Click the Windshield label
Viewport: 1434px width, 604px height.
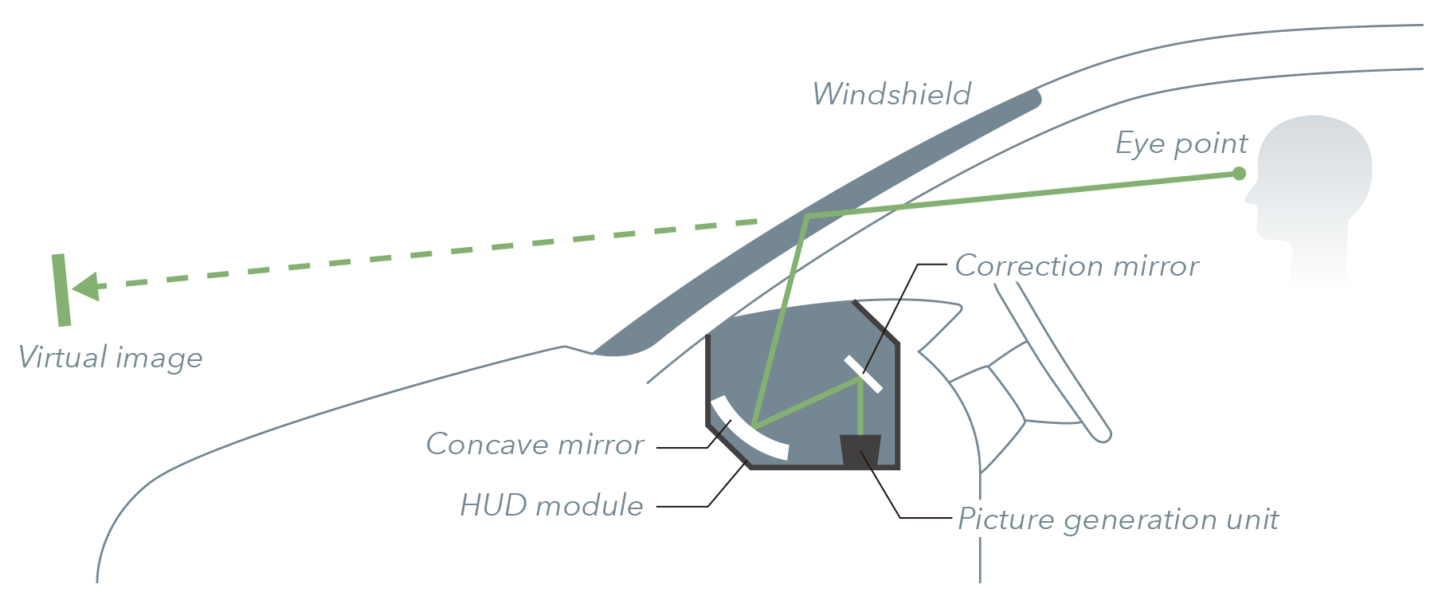point(891,94)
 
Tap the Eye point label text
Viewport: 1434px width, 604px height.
point(1181,144)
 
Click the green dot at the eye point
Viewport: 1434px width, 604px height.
point(1239,174)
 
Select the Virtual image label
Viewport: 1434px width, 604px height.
point(110,358)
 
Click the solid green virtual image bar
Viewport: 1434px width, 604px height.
point(61,290)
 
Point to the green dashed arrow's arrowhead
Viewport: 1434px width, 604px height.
point(85,286)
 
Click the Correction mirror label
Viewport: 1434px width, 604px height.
point(1076,266)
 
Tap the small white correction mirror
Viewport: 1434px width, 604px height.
point(864,375)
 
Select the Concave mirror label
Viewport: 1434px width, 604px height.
point(535,444)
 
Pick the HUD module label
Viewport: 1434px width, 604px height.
point(551,505)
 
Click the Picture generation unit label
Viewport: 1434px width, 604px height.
point(1118,520)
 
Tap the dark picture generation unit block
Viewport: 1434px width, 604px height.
point(860,451)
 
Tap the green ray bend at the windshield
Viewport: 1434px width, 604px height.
point(807,216)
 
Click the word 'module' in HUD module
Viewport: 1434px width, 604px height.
point(589,505)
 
